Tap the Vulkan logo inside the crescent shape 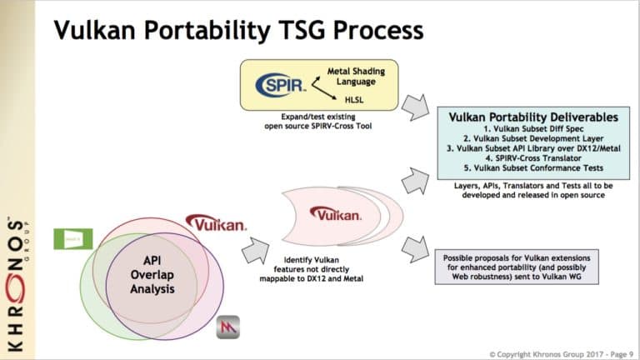pos(335,215)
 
